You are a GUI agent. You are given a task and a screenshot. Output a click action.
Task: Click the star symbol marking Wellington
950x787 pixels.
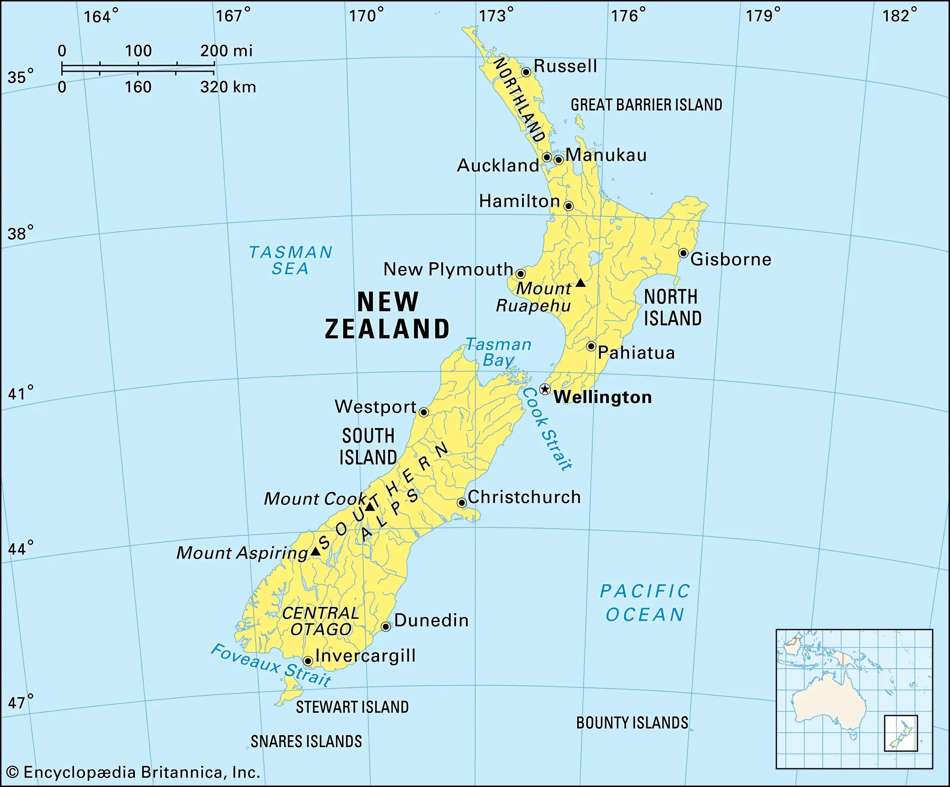545,389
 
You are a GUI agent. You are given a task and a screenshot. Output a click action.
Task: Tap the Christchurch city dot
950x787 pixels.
462,503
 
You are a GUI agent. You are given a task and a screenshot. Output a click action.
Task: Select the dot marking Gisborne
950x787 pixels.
683,253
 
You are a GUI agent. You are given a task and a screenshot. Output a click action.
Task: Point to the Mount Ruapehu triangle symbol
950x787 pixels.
580,283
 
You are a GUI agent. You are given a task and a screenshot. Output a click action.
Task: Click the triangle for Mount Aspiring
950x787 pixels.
315,551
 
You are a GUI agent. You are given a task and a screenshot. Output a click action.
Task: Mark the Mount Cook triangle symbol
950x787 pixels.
370,507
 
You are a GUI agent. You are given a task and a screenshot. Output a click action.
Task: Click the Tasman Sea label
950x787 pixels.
290,260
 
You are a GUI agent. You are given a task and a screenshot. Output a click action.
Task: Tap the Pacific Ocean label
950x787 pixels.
645,603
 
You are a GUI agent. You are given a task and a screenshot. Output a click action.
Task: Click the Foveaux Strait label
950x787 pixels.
271,664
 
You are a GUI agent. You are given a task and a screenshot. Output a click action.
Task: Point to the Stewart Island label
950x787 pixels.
352,707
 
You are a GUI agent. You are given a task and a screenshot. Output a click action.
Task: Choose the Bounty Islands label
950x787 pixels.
632,723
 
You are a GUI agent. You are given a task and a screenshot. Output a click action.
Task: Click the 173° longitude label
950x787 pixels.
496,16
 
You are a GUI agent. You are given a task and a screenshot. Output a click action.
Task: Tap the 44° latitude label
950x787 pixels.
20,549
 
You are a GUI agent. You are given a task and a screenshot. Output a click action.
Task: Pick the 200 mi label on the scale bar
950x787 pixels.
226,51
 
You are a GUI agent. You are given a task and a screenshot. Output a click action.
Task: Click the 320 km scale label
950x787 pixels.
228,87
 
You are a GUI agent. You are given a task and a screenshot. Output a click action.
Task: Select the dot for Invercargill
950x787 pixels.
308,661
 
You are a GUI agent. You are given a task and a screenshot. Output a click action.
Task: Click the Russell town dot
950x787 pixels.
526,72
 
